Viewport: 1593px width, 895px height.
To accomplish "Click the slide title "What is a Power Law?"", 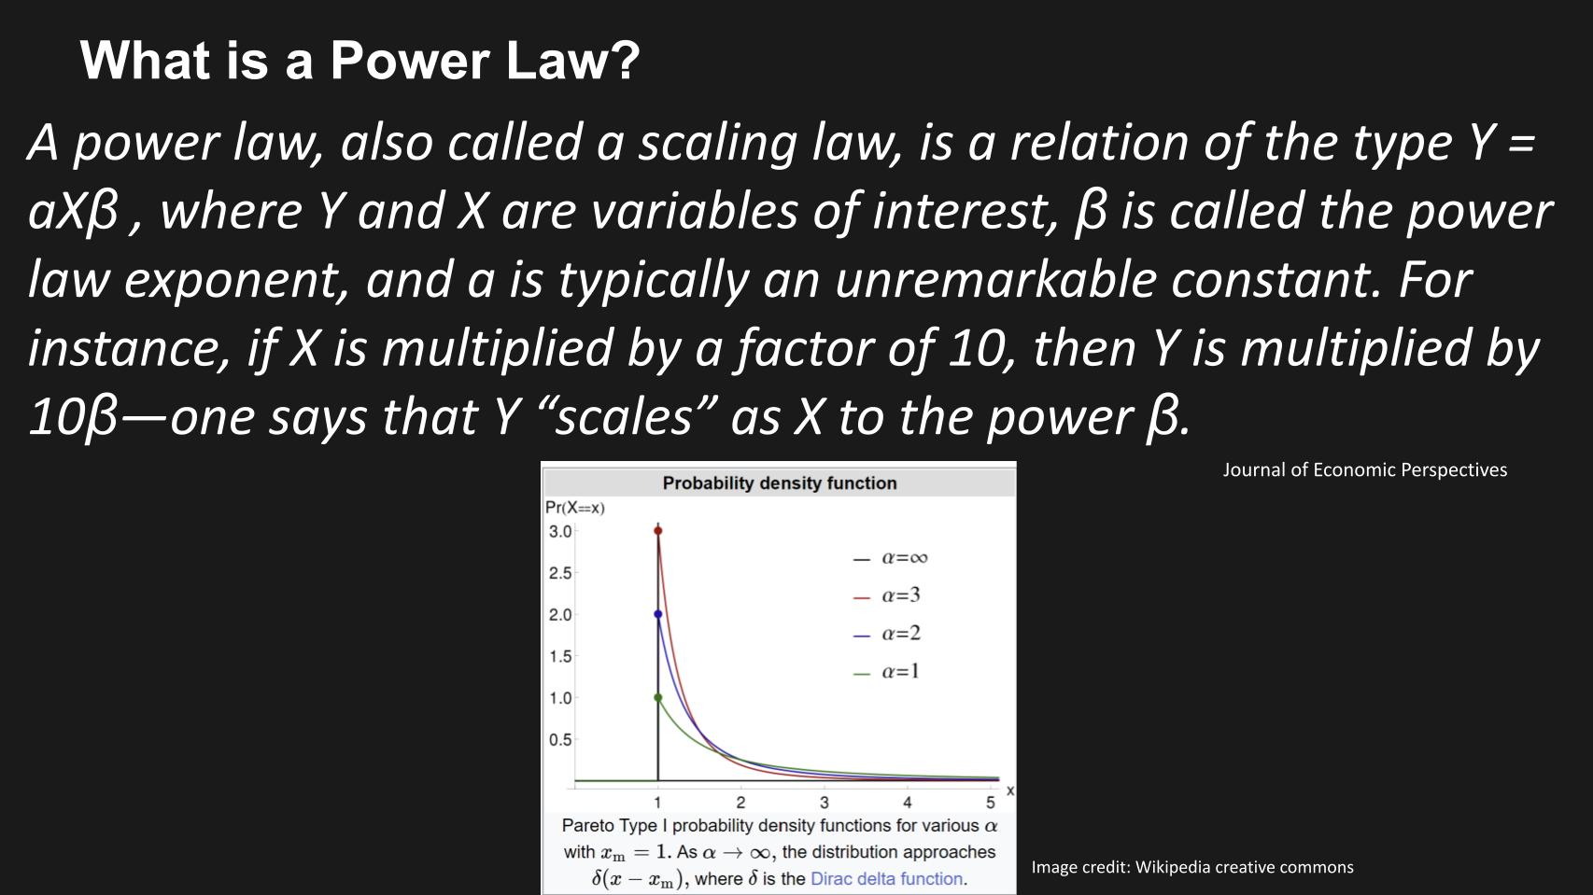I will point(359,61).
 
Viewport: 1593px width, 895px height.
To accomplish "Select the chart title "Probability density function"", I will point(779,483).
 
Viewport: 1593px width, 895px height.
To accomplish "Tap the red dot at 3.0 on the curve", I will point(657,531).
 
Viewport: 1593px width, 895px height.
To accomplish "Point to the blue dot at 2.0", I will point(657,614).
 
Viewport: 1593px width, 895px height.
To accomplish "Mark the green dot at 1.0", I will point(657,697).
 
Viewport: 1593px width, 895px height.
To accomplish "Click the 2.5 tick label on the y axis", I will point(559,573).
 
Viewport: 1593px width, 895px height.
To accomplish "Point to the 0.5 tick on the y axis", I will point(559,740).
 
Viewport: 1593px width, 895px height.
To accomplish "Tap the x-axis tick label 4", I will point(907,803).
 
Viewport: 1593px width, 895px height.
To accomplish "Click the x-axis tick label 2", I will point(740,803).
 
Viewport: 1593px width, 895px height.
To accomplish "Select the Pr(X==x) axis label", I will point(574,508).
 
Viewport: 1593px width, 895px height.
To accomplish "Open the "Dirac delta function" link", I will point(886,879).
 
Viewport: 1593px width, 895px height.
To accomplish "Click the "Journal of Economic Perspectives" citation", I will point(1364,470).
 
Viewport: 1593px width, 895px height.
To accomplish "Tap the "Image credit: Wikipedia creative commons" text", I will point(1191,867).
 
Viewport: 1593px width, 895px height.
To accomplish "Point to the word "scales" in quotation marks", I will point(624,416).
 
